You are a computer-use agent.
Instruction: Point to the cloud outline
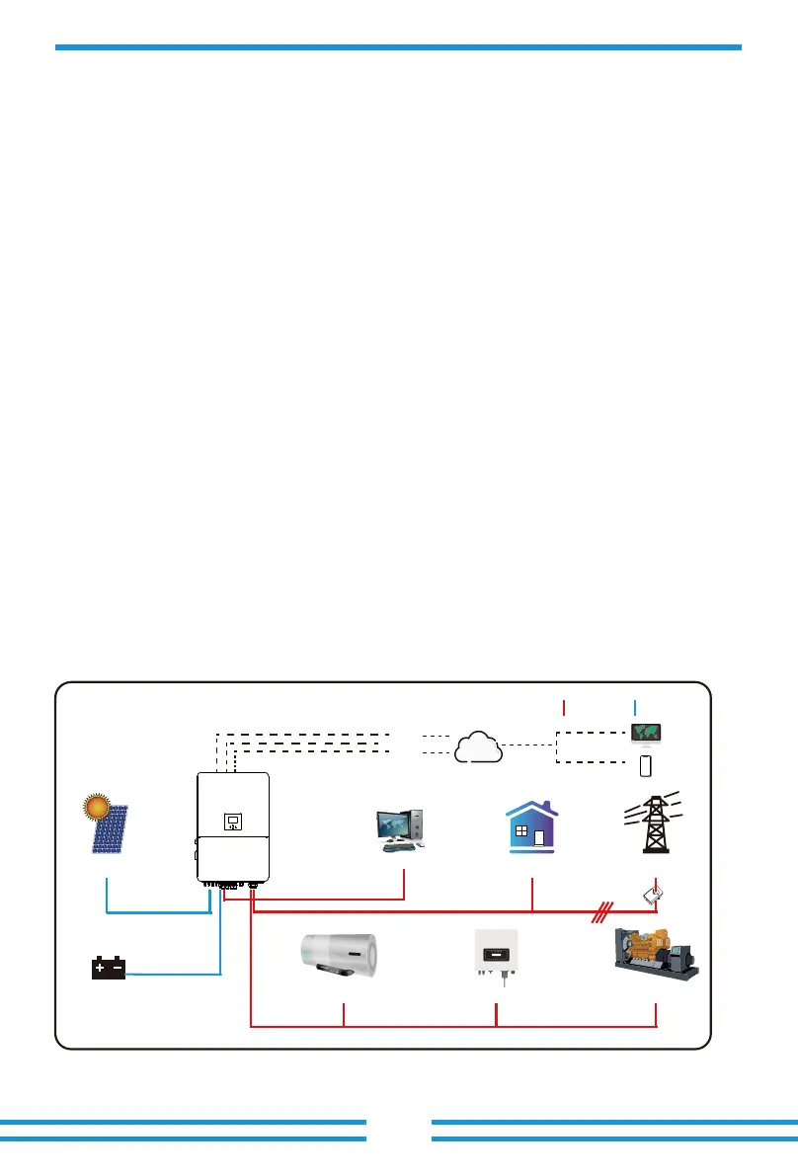477,746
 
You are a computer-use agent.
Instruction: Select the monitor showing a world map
647,734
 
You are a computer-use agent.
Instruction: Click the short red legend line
563,706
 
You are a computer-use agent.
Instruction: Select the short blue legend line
635,706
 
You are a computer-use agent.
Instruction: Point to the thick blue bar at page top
398,46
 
